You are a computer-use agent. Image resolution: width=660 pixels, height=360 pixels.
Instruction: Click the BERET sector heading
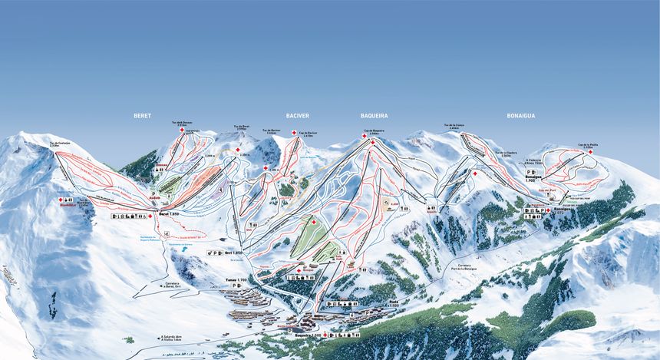pyautogui.click(x=142, y=115)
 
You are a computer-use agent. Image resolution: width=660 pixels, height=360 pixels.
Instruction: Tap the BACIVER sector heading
pyautogui.click(x=297, y=115)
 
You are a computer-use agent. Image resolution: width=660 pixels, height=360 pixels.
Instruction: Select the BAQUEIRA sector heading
pyautogui.click(x=374, y=115)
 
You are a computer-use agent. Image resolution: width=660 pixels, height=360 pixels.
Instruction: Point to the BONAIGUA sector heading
pyautogui.click(x=520, y=115)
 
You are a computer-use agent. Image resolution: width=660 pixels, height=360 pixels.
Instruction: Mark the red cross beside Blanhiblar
pyautogui.click(x=61, y=200)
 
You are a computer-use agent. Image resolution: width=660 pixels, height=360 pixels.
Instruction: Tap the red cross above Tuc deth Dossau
pyautogui.click(x=182, y=130)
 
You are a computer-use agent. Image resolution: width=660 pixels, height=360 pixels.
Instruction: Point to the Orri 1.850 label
pyautogui.click(x=233, y=252)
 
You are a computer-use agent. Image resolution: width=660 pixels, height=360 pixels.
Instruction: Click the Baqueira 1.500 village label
pyautogui.click(x=308, y=335)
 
